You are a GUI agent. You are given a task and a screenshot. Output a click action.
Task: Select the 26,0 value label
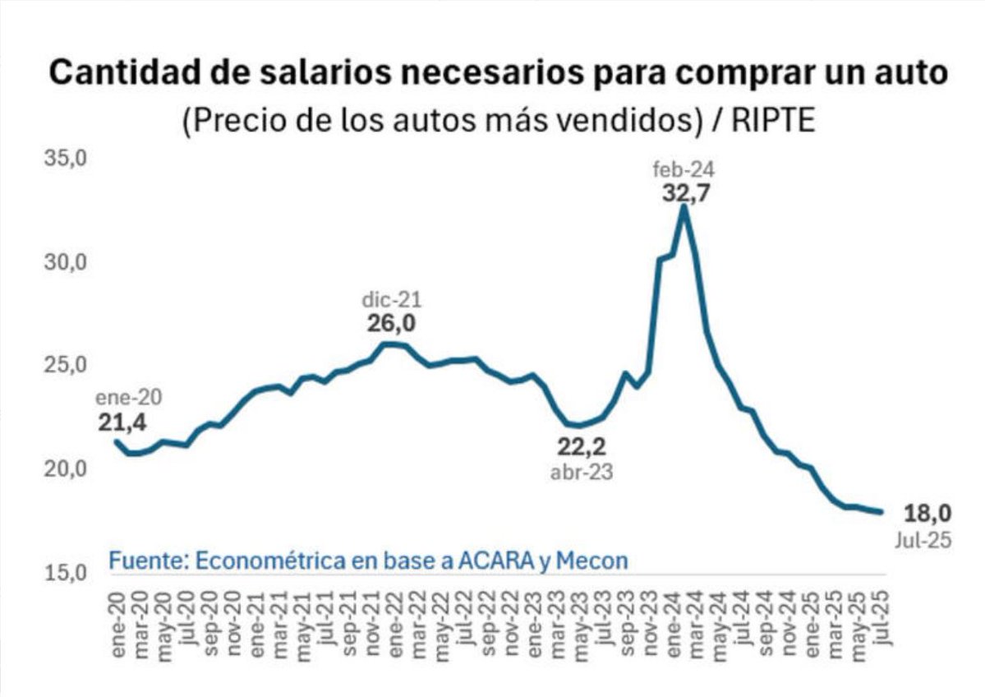pos(391,324)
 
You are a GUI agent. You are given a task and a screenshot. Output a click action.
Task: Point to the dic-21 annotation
pos(391,300)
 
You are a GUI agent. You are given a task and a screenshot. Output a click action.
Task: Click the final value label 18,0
pos(927,514)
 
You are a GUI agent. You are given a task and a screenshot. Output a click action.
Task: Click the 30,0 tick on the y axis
pos(65,261)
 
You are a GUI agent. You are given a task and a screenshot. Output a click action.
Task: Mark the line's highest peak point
pos(684,206)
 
